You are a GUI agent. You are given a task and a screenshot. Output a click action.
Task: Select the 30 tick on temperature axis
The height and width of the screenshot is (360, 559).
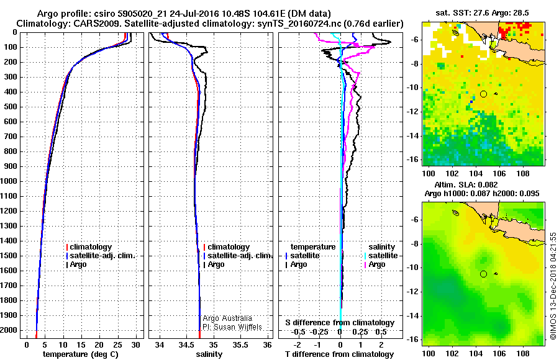coord(137,344)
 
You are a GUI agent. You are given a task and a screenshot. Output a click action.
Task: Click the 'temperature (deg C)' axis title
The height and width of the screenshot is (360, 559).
coord(80,354)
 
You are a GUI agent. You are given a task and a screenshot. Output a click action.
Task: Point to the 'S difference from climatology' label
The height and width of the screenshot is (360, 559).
coord(340,323)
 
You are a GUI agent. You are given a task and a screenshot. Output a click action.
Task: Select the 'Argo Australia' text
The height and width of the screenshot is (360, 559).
coord(228,318)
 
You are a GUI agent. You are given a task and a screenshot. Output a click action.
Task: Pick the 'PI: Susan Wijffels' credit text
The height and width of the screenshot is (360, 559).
coord(232,326)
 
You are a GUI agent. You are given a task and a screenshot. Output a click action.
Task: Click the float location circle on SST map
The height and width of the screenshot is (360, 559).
coord(483,94)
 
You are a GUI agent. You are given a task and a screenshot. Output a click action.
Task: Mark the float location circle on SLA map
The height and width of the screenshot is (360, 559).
coord(483,274)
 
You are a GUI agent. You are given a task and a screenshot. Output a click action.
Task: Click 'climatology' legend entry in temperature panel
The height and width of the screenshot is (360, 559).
coord(91,247)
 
